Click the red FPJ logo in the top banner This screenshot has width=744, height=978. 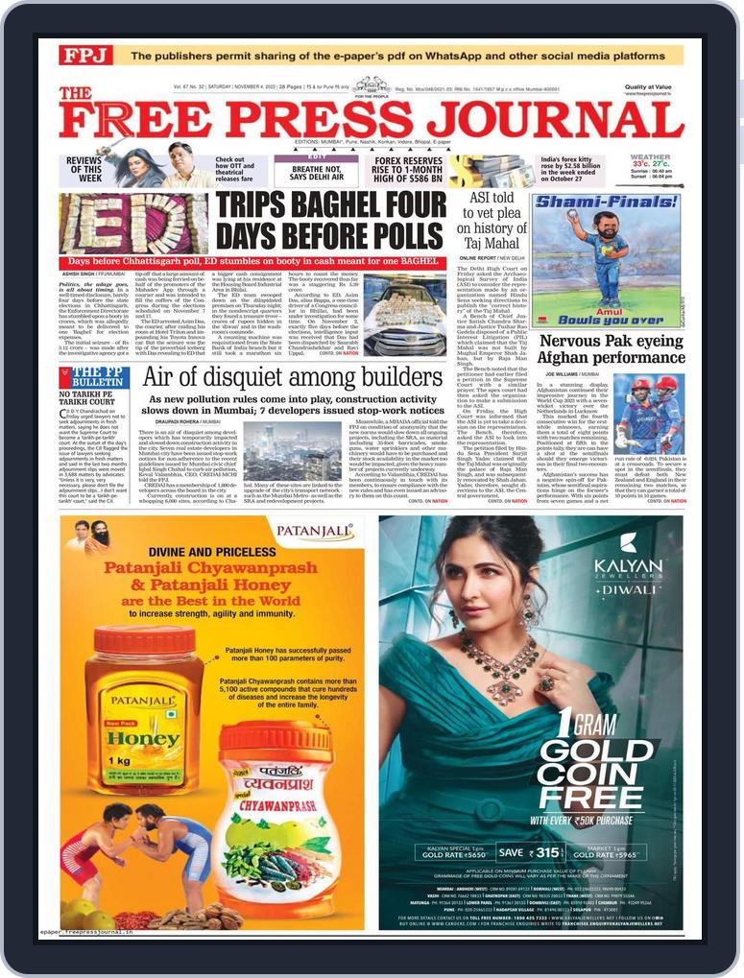click(85, 55)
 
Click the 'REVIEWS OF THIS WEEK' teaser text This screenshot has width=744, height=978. click(84, 170)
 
